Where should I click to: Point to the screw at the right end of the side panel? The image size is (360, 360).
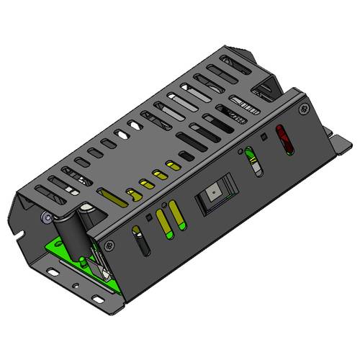coord(300,110)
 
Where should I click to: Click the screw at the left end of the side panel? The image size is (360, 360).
coord(109,246)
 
